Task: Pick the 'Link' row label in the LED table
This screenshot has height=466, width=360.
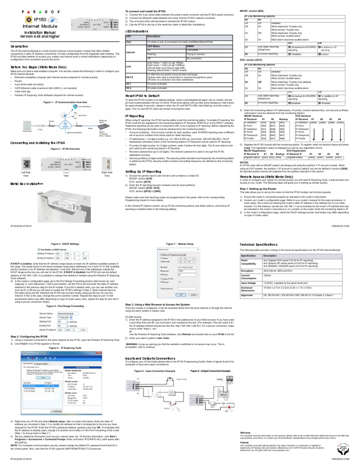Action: click(128, 67)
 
